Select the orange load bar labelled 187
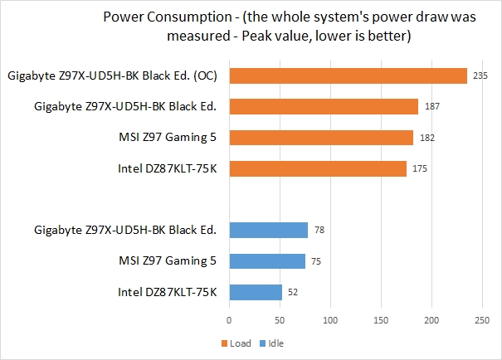click(x=324, y=106)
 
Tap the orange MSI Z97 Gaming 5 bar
click(x=321, y=138)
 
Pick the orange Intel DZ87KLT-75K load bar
click(x=318, y=168)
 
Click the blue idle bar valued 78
click(x=268, y=230)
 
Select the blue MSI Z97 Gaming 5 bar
click(x=267, y=260)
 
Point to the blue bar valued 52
click(x=256, y=292)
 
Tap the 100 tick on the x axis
click(x=330, y=319)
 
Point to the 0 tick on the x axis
click(x=229, y=319)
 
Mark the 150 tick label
click(x=381, y=319)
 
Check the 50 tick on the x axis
click(x=280, y=319)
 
